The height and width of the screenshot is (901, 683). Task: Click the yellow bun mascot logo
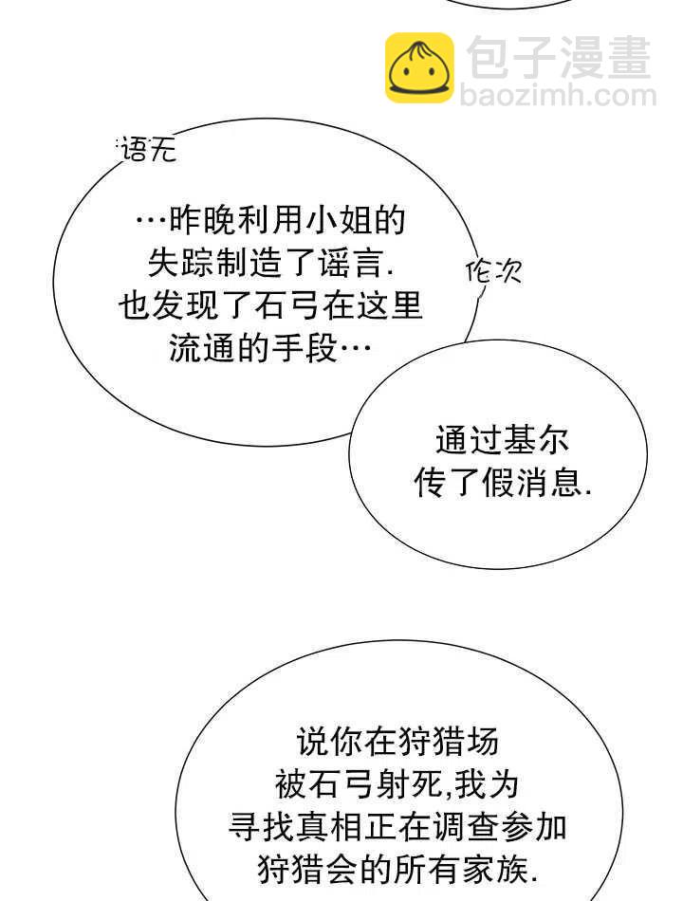click(418, 67)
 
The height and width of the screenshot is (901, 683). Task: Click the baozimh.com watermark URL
click(558, 96)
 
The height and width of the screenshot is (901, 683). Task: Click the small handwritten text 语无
click(148, 149)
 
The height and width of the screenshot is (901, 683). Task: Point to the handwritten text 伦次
click(493, 272)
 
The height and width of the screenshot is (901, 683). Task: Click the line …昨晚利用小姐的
click(270, 221)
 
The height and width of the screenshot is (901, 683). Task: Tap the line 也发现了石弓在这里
click(270, 306)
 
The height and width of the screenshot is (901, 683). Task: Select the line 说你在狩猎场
click(397, 741)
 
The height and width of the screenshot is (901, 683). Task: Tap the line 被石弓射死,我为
click(397, 783)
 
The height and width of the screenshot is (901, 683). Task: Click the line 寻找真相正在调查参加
click(397, 826)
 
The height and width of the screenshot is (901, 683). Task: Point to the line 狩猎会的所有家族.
click(397, 868)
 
